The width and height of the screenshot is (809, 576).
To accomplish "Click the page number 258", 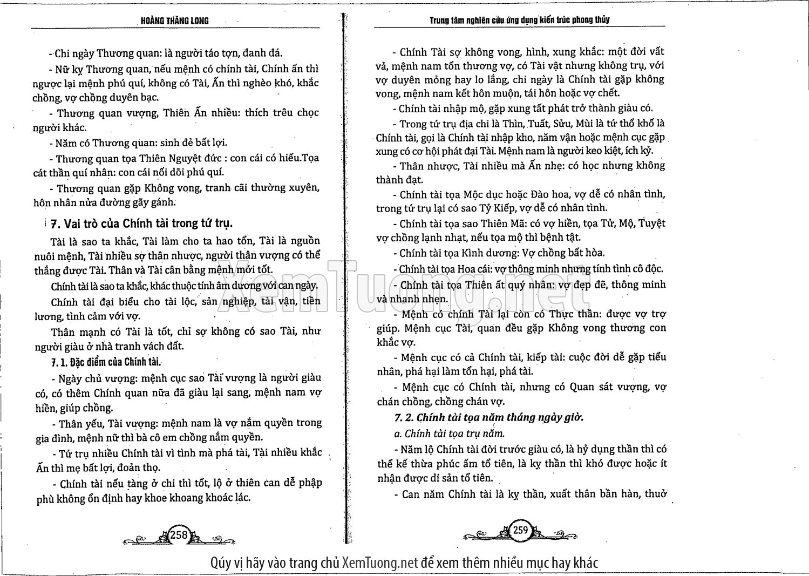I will click(179, 534).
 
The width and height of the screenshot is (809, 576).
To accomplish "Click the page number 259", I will click(520, 530).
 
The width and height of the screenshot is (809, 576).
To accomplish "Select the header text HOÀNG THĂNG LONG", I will click(174, 21).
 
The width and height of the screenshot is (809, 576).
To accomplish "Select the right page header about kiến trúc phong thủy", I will click(519, 20).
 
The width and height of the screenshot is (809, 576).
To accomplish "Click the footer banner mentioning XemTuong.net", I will click(404, 563).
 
